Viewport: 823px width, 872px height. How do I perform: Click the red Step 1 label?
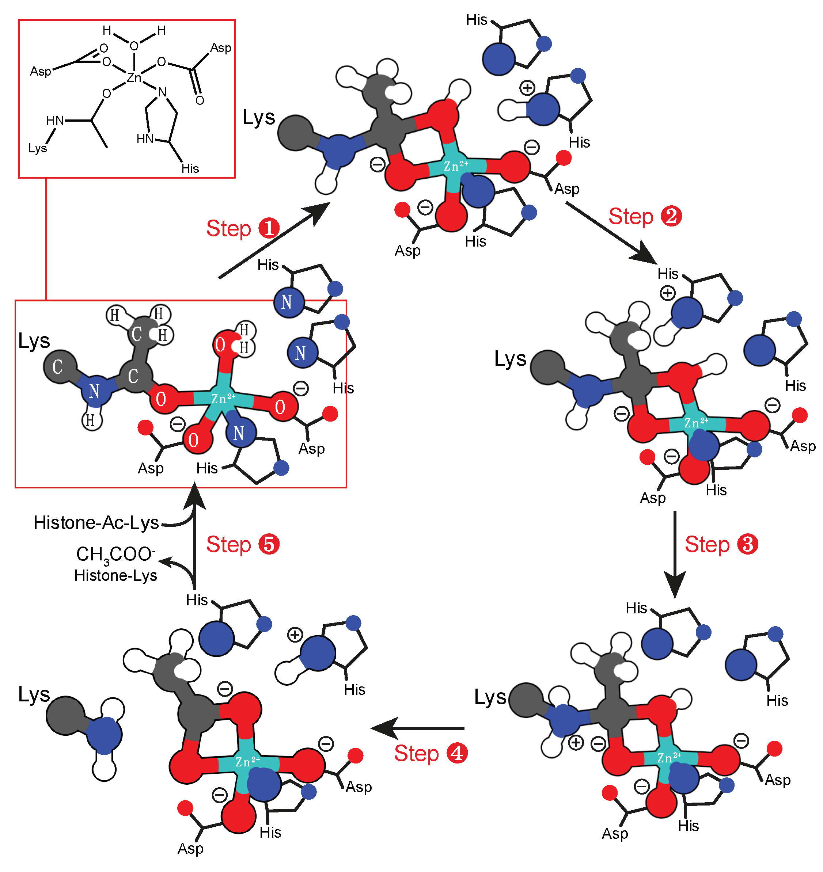(242, 229)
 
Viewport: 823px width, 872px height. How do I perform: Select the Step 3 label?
(721, 544)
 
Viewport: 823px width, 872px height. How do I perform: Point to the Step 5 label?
(242, 544)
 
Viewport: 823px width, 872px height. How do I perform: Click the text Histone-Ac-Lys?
(96, 522)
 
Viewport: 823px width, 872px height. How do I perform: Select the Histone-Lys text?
(115, 575)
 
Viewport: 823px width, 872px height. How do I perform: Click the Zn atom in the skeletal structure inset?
(134, 78)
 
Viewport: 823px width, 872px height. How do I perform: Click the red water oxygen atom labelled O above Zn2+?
(221, 345)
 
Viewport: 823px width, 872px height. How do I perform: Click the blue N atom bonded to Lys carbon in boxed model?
(95, 391)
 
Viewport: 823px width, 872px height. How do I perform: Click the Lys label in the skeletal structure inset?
(38, 148)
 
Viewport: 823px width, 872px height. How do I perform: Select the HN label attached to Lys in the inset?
(55, 121)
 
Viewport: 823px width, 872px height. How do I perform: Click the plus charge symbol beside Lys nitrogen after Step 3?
(576, 743)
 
